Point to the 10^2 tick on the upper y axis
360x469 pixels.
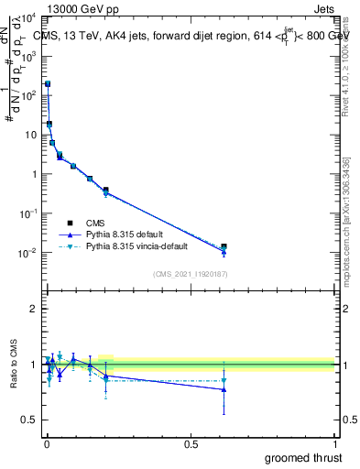[x=29, y=94]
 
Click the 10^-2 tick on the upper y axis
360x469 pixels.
[x=29, y=252]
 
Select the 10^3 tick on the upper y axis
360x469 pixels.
[x=29, y=55]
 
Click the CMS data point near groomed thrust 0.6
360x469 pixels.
[x=224, y=247]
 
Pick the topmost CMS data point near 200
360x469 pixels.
[x=48, y=83]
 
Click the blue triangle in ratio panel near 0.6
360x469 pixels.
[x=224, y=389]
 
